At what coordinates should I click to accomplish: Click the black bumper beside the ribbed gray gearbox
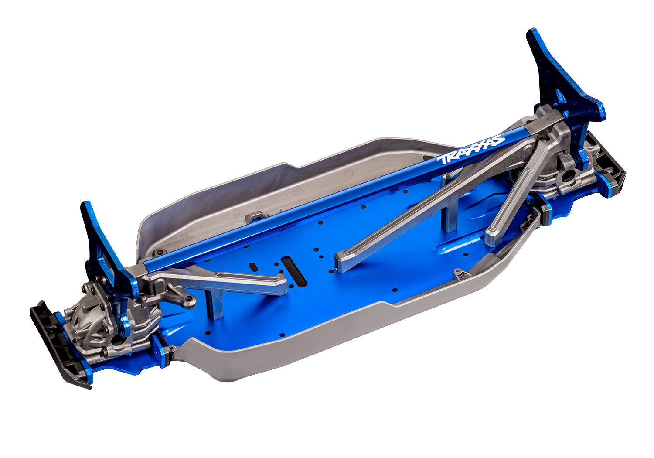pyautogui.click(x=57, y=345)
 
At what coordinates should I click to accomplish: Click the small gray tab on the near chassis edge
pyautogui.click(x=458, y=273)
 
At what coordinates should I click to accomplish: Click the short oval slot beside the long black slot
pyautogui.click(x=252, y=266)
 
